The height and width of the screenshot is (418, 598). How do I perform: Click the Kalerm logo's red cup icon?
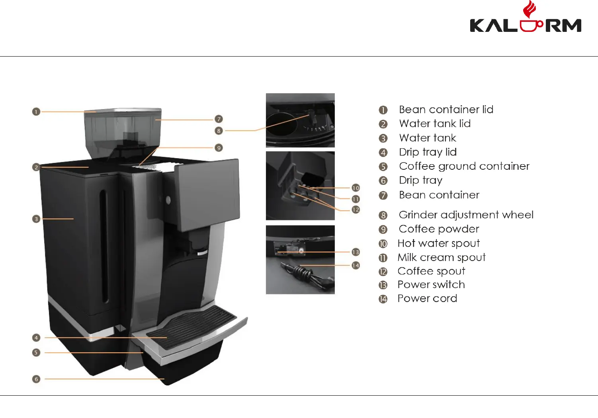point(530,24)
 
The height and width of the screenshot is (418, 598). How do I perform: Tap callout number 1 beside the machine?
point(36,112)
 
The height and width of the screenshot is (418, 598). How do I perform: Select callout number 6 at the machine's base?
point(36,379)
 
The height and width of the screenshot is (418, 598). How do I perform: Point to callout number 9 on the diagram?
point(219,148)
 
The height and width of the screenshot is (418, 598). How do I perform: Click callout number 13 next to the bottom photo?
point(356,252)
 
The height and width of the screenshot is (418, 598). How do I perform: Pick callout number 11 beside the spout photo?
point(356,199)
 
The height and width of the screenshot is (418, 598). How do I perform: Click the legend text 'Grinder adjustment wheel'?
point(466,215)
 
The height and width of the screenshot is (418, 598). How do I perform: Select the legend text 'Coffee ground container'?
point(464,166)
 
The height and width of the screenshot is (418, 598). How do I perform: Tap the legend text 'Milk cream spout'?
point(442,257)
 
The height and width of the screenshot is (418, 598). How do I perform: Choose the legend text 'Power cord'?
point(427,298)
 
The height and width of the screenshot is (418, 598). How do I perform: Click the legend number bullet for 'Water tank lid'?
point(383,124)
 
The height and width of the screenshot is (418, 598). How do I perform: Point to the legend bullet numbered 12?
point(383,272)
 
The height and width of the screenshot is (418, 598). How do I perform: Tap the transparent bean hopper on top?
point(123,130)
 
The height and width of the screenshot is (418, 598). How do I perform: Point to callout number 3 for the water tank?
point(36,219)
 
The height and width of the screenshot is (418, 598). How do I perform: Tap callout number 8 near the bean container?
point(219,131)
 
